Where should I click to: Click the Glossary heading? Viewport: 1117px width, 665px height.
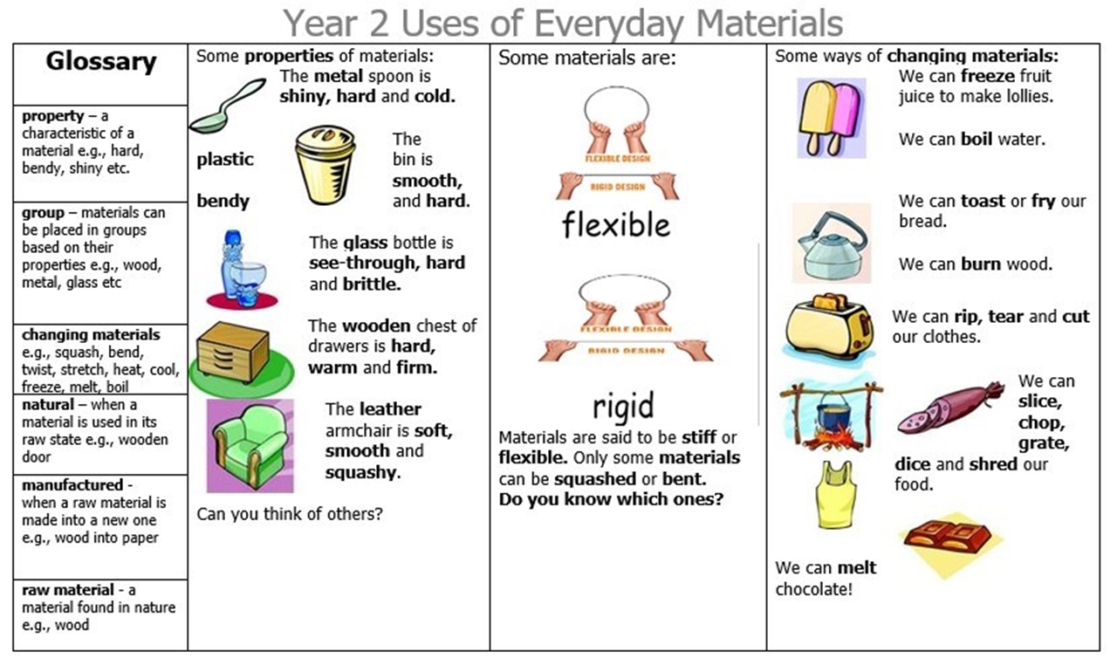click(x=101, y=62)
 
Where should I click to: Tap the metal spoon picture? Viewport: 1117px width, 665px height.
click(x=227, y=106)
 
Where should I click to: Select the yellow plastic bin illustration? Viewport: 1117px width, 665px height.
click(x=326, y=165)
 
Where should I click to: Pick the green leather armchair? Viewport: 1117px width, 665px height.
click(x=250, y=446)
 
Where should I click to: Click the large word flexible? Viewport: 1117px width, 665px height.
click(x=616, y=225)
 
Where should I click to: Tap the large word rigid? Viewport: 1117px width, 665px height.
click(x=623, y=407)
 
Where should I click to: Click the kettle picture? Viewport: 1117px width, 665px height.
click(x=832, y=244)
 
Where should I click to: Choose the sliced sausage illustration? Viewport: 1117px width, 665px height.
click(x=951, y=407)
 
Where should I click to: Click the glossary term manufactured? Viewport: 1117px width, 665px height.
click(x=72, y=485)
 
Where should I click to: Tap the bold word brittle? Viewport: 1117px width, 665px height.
click(x=372, y=285)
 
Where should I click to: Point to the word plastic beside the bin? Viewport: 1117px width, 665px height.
click(x=225, y=160)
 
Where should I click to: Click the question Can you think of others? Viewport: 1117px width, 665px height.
click(x=289, y=514)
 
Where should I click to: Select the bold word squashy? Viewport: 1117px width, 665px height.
click(x=363, y=471)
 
